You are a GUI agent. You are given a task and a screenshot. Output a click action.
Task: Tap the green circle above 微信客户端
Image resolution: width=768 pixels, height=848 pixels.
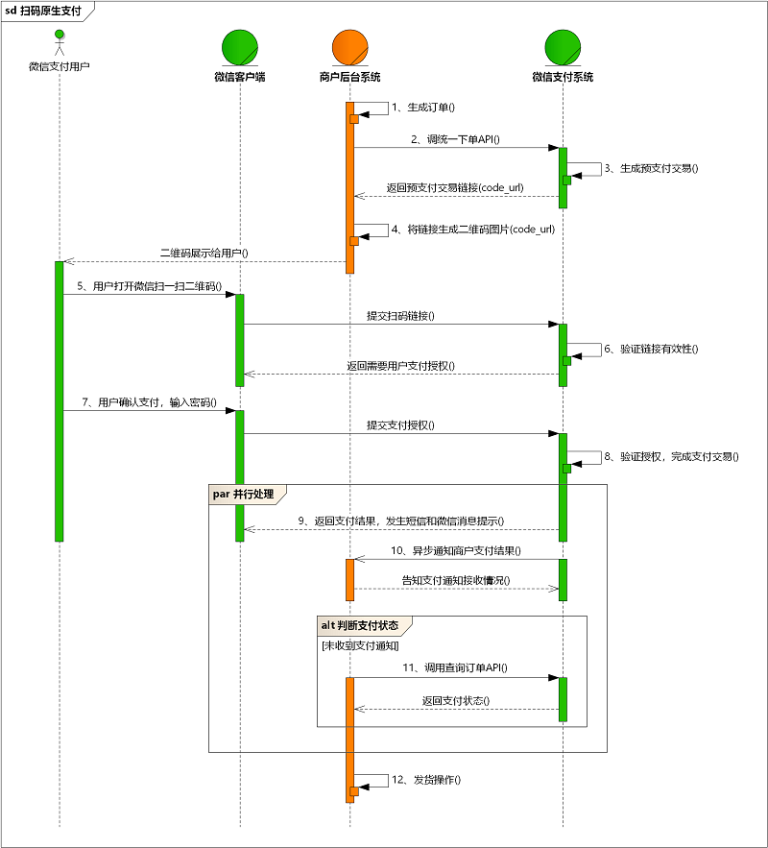click(x=240, y=47)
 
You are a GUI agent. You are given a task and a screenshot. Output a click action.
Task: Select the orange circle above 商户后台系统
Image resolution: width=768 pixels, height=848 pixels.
click(x=349, y=47)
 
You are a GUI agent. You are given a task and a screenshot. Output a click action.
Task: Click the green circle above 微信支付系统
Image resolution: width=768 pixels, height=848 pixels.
click(x=563, y=47)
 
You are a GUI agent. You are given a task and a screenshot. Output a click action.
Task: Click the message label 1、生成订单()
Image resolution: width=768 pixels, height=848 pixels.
click(x=423, y=108)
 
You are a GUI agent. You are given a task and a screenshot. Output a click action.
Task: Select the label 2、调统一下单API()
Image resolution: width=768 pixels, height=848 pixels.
click(x=456, y=139)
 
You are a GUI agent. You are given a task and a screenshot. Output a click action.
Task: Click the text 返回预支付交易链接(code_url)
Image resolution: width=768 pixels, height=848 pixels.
click(x=455, y=187)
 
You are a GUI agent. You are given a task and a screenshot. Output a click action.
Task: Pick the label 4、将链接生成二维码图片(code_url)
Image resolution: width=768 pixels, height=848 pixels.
click(x=473, y=230)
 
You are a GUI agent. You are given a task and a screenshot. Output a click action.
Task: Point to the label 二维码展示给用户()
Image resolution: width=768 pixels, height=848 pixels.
click(x=204, y=253)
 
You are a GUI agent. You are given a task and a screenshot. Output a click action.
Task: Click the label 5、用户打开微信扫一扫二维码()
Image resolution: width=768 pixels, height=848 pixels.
click(x=150, y=286)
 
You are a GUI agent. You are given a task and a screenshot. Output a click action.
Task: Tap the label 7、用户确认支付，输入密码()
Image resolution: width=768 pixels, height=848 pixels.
click(x=150, y=402)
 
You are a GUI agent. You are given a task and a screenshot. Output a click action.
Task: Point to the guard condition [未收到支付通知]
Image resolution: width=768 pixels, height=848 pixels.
click(x=360, y=646)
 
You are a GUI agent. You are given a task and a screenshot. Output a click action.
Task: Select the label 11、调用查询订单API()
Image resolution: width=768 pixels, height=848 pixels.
click(x=455, y=666)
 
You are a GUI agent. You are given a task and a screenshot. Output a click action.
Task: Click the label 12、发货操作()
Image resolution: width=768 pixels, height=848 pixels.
click(x=426, y=780)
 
